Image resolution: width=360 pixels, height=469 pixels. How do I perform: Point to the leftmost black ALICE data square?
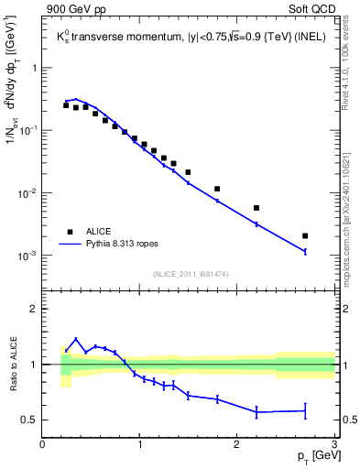[66, 105]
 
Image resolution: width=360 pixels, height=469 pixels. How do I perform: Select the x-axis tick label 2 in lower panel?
[236, 444]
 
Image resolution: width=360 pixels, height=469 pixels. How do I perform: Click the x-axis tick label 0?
[43, 444]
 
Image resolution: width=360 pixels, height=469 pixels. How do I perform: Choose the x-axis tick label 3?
[333, 444]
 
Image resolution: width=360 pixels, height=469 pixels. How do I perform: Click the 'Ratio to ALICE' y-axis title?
[13, 364]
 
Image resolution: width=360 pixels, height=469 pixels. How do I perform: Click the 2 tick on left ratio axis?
[35, 309]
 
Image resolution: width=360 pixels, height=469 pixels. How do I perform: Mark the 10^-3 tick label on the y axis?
[27, 256]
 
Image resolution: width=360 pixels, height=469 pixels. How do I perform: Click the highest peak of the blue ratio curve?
[76, 339]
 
